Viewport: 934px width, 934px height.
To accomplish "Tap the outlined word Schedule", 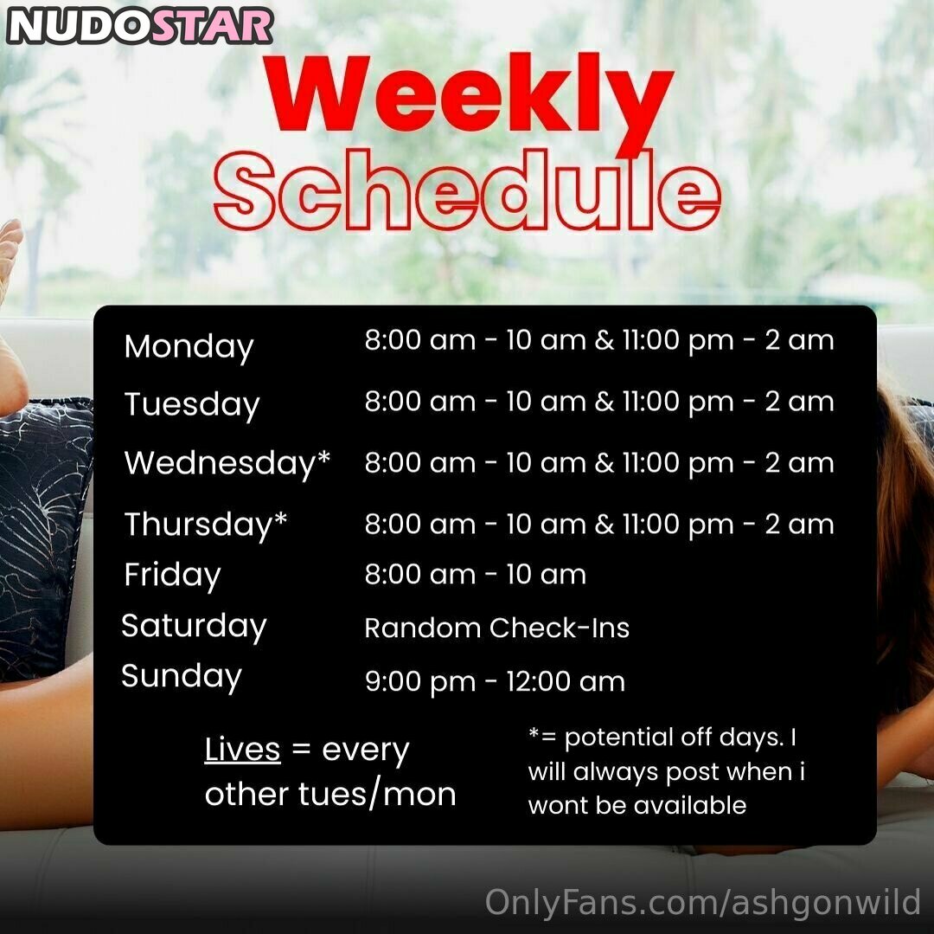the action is [468, 190].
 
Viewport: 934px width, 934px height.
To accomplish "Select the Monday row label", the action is [189, 347].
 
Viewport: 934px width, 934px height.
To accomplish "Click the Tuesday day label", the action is [192, 405].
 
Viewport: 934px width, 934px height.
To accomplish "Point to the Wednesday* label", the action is [227, 462].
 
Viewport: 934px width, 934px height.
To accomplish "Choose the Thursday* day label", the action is [206, 525].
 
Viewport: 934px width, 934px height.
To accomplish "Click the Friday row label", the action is [172, 576].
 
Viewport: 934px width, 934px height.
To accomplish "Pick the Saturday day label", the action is [194, 627].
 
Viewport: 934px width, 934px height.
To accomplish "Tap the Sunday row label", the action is [181, 677].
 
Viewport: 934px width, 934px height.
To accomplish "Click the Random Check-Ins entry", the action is [496, 628].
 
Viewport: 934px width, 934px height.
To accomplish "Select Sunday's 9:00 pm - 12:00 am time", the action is [495, 682].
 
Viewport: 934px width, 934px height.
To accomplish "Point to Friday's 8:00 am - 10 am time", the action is [476, 575].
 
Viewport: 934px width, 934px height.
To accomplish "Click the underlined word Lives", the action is [242, 750].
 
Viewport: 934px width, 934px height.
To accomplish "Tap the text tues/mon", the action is [377, 795].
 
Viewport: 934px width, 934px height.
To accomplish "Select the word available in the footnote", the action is [690, 805].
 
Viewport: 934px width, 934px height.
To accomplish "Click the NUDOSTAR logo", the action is [140, 26].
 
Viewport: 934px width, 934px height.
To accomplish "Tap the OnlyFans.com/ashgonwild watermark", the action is [703, 902].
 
